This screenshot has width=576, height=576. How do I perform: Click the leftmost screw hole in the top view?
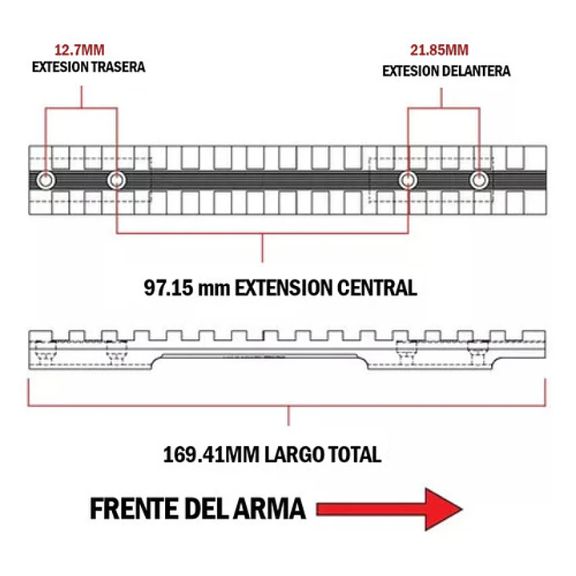pyautogui.click(x=45, y=180)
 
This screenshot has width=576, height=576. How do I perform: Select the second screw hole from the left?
pyautogui.click(x=117, y=180)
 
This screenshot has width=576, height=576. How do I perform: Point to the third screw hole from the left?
pyautogui.click(x=408, y=180)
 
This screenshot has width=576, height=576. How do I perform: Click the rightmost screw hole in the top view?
pyautogui.click(x=479, y=180)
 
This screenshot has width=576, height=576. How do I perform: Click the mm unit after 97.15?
pyautogui.click(x=211, y=288)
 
